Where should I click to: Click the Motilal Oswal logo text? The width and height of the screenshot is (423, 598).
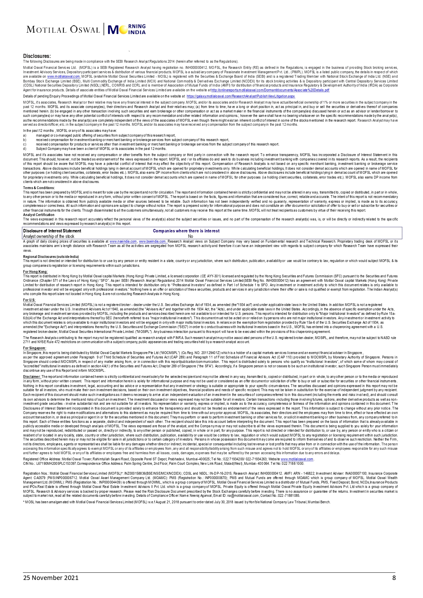pyautogui.click(x=63, y=30)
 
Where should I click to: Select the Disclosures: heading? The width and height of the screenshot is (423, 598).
pyautogui.click(x=37, y=56)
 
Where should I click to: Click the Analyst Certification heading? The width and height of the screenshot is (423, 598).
pyautogui.click(x=39, y=215)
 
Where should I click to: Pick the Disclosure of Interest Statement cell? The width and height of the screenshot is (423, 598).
pyautogui.click(x=52, y=231)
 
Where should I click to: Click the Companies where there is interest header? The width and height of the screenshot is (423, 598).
pyautogui.click(x=186, y=231)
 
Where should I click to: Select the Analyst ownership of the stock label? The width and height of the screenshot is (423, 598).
pyautogui.click(x=49, y=236)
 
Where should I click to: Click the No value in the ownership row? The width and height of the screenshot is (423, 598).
pyautogui.click(x=191, y=236)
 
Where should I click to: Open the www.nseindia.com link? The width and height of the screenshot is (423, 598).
pyautogui.click(x=123, y=241)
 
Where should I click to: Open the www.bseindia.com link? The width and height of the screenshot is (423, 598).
pyautogui.click(x=152, y=241)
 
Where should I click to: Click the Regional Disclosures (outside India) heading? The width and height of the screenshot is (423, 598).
pyautogui.click(x=51, y=257)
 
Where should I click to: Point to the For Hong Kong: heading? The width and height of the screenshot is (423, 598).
pyautogui.click(x=35, y=272)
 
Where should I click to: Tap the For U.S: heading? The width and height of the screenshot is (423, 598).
pyautogui.click(x=29, y=300)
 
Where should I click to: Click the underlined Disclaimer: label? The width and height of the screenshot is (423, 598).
pyautogui.click(x=32, y=377)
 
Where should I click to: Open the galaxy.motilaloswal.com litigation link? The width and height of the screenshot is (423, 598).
pyautogui.click(x=241, y=96)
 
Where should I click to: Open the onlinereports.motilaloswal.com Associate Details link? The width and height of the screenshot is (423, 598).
pyautogui.click(x=270, y=90)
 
